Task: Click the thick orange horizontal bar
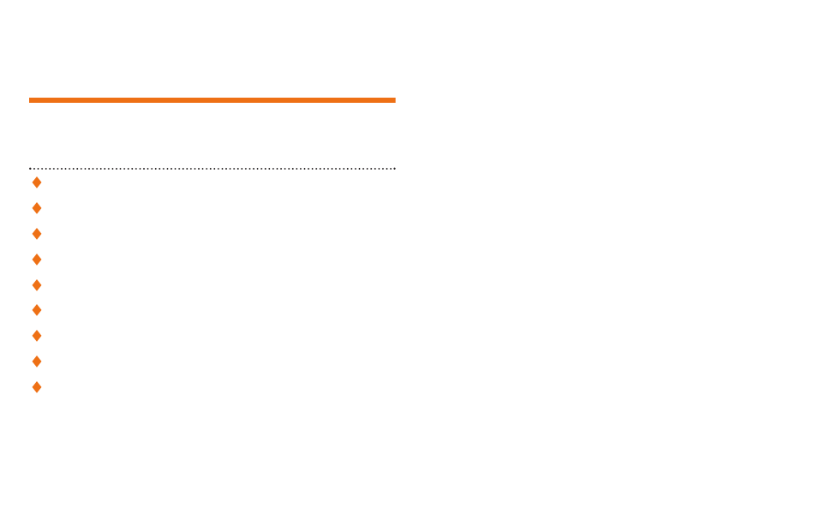[x=212, y=100]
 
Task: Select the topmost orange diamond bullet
[x=36, y=182]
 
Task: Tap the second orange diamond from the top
[x=36, y=208]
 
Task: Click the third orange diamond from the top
[x=36, y=234]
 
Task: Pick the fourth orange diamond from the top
[x=36, y=259]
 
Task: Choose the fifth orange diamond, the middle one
[x=36, y=284]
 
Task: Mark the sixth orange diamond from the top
[x=36, y=310]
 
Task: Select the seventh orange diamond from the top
[x=36, y=336]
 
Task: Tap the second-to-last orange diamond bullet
[x=36, y=362]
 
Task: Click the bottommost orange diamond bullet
[x=36, y=387]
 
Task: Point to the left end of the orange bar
[x=31, y=100]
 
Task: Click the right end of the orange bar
[x=394, y=100]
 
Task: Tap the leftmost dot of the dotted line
[x=30, y=169]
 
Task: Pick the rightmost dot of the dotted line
[x=395, y=169]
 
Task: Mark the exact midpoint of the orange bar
[x=212, y=100]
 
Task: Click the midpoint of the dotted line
[x=212, y=169]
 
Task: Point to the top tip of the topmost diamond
[x=36, y=176]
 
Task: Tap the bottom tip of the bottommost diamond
[x=36, y=393]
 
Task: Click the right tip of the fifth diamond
[x=40, y=284]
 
